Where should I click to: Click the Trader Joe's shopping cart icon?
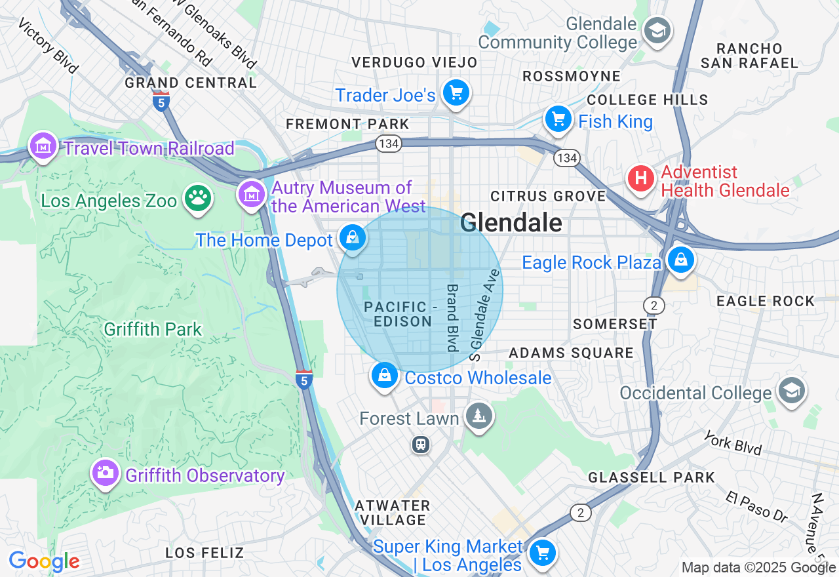pos(456,92)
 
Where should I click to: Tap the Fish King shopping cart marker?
pos(558,119)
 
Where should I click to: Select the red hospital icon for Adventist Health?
pos(641,178)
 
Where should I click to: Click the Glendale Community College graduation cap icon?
pos(656,30)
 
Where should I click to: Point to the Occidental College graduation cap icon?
pos(791,391)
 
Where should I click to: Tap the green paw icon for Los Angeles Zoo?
pos(198,199)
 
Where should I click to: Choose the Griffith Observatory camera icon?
pos(105,473)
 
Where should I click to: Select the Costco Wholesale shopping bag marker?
pos(385,376)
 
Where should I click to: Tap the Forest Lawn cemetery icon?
pos(479,416)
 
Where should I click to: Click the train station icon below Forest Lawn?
pos(420,445)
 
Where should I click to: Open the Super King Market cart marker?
pos(542,552)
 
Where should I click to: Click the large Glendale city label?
pos(511,223)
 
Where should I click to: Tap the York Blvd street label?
pos(733,443)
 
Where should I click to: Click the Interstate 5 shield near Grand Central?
pos(161,102)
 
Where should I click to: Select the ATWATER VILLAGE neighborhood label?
pos(393,513)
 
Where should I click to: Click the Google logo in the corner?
pos(44,562)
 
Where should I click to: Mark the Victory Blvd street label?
pos(48,45)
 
